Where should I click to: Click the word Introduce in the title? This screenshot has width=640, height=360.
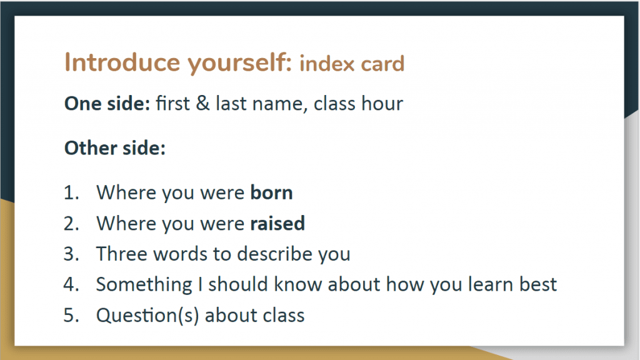point(122,62)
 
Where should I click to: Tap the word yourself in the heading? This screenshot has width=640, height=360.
point(239,63)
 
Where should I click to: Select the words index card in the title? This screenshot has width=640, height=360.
point(352,64)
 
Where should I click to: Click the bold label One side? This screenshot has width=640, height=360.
point(107,104)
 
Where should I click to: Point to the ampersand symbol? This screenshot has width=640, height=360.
point(203,104)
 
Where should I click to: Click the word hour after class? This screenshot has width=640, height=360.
point(382,104)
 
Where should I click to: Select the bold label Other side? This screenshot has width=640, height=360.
point(115,147)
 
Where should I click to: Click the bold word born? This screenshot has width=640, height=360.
point(271,192)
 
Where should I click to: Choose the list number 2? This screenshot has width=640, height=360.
point(71,224)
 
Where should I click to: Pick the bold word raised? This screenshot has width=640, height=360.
point(277,224)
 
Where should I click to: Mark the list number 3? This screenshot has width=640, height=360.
point(71,254)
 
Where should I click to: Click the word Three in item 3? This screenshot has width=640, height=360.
point(122,254)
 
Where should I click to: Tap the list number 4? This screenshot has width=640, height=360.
point(71,284)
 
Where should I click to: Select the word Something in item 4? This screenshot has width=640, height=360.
point(144,285)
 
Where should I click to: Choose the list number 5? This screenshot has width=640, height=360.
point(71,316)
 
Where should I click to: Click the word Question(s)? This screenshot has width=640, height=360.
point(147,316)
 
